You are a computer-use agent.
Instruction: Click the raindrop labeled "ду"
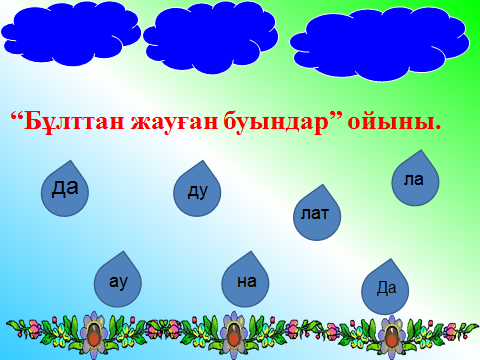pos(197,191)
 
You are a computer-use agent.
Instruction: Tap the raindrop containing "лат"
pos(317,215)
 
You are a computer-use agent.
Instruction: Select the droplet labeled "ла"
pos(415,180)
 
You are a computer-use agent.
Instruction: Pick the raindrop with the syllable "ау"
pos(118,282)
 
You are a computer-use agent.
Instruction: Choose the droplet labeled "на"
pos(245,282)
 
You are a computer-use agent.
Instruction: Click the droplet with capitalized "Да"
pos(385,289)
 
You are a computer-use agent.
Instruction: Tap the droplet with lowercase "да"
pos(65,191)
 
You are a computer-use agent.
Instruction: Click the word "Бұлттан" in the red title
pos(74,122)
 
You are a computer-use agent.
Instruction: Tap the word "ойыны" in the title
pos(391,123)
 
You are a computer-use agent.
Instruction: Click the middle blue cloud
pos(211,37)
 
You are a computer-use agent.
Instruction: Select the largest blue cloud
pos(380,44)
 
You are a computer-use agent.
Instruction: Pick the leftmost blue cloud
pos(71,33)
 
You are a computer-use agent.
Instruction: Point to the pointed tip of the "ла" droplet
pos(422,150)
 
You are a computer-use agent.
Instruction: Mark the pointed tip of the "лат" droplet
pos(323,185)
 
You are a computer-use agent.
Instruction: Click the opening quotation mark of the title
pos(16,116)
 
